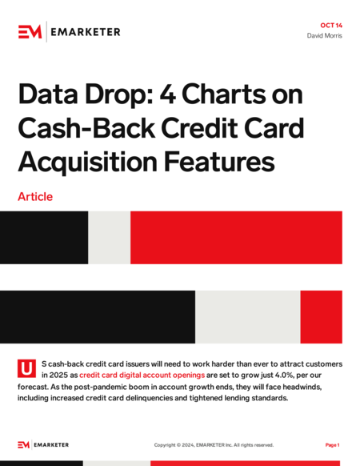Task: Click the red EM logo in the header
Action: tap(30, 31)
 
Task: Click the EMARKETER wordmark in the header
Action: tap(86, 32)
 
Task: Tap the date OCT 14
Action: tap(331, 26)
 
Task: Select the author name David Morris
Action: tap(324, 36)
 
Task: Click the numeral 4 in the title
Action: tap(167, 94)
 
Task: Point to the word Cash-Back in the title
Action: tap(86, 128)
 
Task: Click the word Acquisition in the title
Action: tap(88, 163)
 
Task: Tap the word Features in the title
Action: tap(219, 162)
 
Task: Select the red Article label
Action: tap(35, 197)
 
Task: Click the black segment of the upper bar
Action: tap(44, 238)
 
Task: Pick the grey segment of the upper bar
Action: tap(110, 238)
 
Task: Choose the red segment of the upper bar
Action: tap(237, 238)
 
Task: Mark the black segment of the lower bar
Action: tap(98, 317)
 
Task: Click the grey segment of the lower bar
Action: tap(248, 317)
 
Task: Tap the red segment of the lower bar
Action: tap(322, 317)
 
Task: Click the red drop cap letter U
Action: tap(26, 368)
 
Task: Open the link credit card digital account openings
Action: tap(142, 375)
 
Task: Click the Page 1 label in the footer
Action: tap(332, 445)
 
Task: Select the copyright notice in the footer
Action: tap(214, 445)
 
